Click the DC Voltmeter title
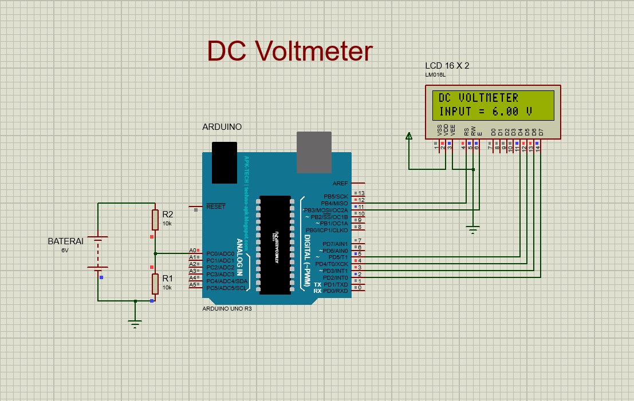coord(290,51)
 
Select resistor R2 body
coord(155,220)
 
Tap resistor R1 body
coord(155,283)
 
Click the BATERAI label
coord(65,241)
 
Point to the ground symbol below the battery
coord(135,323)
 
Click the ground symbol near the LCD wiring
coord(472,230)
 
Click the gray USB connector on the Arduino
coord(314,152)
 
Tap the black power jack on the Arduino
coord(224,162)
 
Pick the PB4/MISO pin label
coord(334,203)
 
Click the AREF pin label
coord(340,184)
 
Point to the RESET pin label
coord(215,207)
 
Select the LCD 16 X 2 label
coord(447,66)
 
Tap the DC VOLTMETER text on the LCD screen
coord(478,98)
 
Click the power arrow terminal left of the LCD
coord(409,136)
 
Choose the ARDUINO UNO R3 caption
coord(227,308)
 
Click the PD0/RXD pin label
coord(336,291)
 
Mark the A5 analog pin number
coord(193,285)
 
